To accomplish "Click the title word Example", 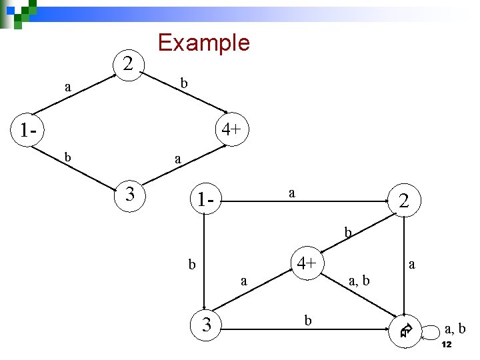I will (x=203, y=43).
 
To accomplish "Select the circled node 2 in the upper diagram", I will (x=129, y=65).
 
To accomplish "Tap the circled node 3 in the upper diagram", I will (x=130, y=195).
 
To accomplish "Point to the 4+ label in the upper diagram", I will (x=231, y=129).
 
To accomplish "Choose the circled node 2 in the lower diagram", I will (x=403, y=200).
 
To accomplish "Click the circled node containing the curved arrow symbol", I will (x=406, y=329).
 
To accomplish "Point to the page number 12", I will (x=447, y=345).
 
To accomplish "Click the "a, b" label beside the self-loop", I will (x=455, y=329).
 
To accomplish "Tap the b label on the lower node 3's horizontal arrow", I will (x=307, y=321).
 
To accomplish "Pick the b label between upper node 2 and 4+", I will (x=185, y=83).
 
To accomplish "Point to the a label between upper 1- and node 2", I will (x=68, y=87).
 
